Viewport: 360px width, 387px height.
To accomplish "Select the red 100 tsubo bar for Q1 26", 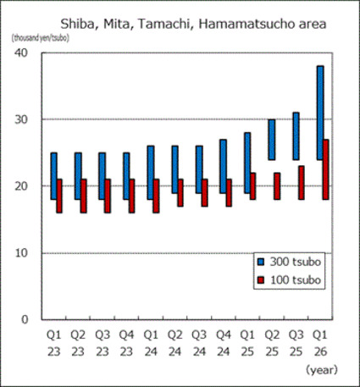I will coord(326,169).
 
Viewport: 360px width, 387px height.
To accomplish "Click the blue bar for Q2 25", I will coord(271,139).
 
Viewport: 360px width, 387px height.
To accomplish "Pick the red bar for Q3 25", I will coord(302,182).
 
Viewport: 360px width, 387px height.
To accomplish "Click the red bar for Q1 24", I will coord(156,196).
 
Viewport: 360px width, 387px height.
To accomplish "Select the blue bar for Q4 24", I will coord(223,165).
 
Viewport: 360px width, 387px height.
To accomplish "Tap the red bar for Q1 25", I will coord(253,185).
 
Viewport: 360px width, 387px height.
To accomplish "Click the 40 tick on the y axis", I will coord(23,53).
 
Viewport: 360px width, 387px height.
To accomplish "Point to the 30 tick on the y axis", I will coord(23,119).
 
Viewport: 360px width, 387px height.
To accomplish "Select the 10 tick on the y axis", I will coord(23,252).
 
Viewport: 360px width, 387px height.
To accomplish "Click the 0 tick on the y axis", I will coord(26,319).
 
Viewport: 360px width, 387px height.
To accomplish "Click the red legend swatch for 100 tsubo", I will coord(263,277).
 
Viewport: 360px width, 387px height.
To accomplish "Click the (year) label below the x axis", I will coord(321,369).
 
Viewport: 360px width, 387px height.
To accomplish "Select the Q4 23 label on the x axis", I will coord(129,343).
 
